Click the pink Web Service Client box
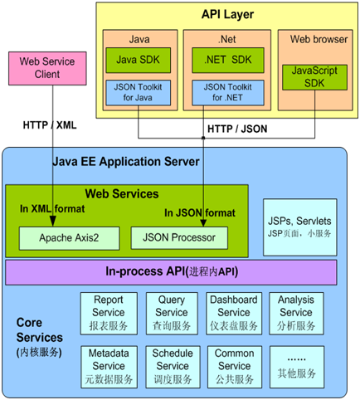click(x=47, y=68)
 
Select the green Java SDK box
click(x=139, y=60)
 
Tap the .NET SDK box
click(x=228, y=60)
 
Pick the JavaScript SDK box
click(x=314, y=77)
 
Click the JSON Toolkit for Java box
click(x=139, y=93)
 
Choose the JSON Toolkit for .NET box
click(x=228, y=93)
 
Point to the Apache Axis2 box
click(x=69, y=238)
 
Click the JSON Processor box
click(x=179, y=238)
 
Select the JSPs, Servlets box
click(x=300, y=227)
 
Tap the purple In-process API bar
click(x=171, y=272)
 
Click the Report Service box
click(x=109, y=314)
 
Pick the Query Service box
click(x=172, y=314)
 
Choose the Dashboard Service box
click(x=234, y=314)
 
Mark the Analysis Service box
click(x=296, y=314)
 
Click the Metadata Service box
click(x=109, y=367)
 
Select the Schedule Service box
click(x=173, y=367)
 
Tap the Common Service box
click(x=235, y=367)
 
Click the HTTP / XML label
click(x=50, y=125)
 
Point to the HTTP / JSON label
click(x=237, y=129)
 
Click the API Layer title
click(x=227, y=14)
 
